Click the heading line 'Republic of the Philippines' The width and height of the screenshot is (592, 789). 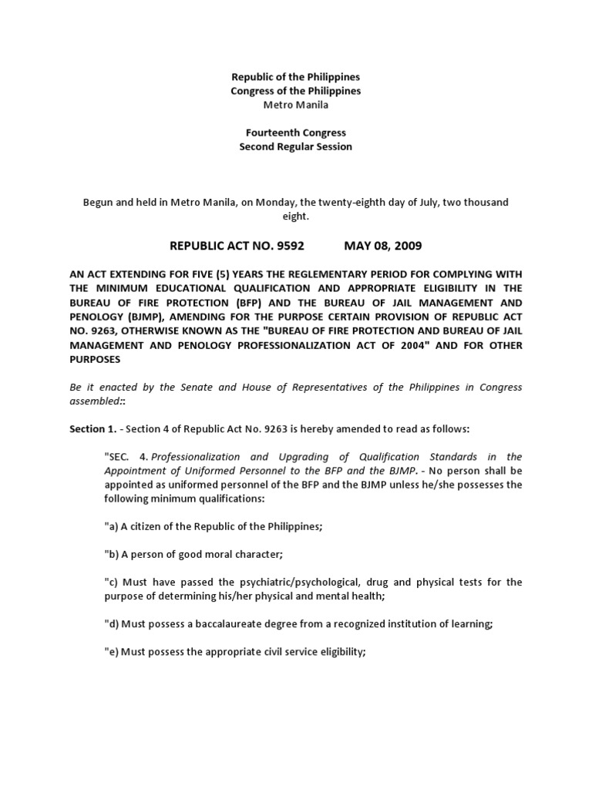pos(296,77)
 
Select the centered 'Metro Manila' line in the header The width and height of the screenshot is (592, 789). pos(296,105)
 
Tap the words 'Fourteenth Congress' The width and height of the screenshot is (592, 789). pos(296,133)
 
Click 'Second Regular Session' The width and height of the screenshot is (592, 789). pos(296,146)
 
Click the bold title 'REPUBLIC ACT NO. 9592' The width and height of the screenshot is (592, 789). pos(237,246)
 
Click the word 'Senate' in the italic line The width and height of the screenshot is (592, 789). pos(197,387)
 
